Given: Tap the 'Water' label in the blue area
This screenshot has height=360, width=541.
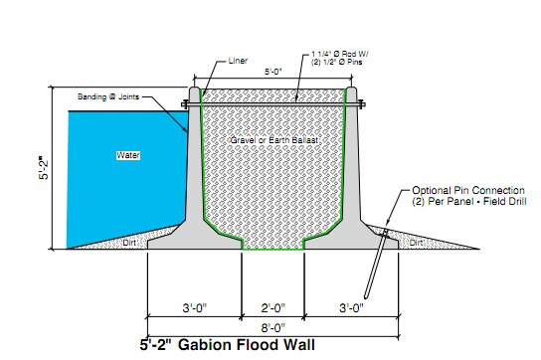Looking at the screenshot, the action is point(128,156).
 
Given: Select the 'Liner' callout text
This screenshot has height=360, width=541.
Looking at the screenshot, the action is point(240,61).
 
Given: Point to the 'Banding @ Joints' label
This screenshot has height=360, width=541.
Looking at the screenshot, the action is point(107,96).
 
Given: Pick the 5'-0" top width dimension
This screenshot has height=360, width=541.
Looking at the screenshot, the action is point(272,73).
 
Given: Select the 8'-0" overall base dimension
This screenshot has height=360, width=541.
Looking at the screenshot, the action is point(272,326).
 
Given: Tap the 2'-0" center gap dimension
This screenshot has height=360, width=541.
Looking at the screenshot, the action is point(272,307).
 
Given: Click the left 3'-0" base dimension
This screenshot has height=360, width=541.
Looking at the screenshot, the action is point(194,307).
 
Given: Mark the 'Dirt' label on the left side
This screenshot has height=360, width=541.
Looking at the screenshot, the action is point(128,242).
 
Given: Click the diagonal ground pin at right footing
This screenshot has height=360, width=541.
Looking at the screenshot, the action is point(377,264).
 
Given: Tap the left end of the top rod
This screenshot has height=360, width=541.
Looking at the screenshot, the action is point(186,104).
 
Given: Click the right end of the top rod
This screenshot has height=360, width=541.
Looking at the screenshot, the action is point(361,104).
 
